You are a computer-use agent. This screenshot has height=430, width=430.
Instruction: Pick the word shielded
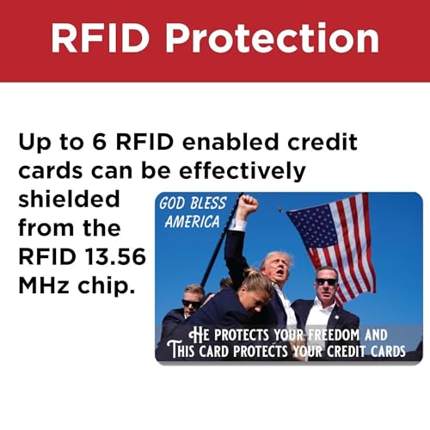click(69, 200)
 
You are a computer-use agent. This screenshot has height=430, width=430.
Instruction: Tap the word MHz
click(40, 284)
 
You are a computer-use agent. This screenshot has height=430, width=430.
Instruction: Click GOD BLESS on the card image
click(192, 204)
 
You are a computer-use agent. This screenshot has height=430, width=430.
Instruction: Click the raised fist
click(248, 206)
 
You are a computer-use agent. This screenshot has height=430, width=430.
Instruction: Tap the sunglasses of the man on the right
click(326, 282)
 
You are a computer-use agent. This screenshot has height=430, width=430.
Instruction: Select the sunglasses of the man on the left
click(192, 303)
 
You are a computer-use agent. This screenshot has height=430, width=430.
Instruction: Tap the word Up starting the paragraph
click(34, 143)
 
